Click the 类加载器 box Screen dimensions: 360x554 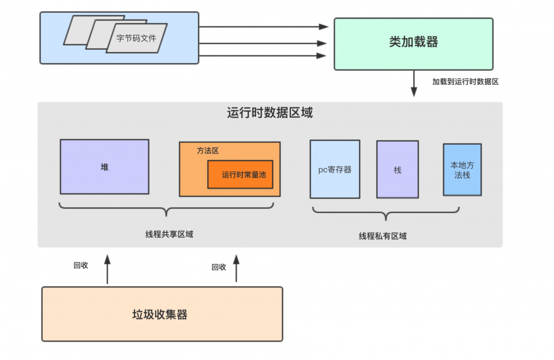(x=413, y=44)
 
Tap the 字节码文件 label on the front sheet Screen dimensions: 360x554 (x=136, y=39)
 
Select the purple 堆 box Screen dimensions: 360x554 (x=104, y=167)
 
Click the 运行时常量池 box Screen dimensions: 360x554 (x=240, y=174)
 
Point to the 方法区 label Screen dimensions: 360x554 (x=208, y=151)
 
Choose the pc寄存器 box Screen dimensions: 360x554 (x=335, y=169)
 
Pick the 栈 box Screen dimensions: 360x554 (x=397, y=169)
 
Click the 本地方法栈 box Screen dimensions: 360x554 (x=462, y=169)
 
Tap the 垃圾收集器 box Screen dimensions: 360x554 (x=162, y=314)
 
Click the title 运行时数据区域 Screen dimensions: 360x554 (x=270, y=113)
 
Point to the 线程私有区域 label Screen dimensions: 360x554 (x=383, y=236)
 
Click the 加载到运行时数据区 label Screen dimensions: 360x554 (x=465, y=81)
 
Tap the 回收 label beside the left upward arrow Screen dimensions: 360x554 (x=81, y=265)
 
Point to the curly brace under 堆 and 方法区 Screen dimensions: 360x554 (x=166, y=209)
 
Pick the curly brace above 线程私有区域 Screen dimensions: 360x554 (x=386, y=213)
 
